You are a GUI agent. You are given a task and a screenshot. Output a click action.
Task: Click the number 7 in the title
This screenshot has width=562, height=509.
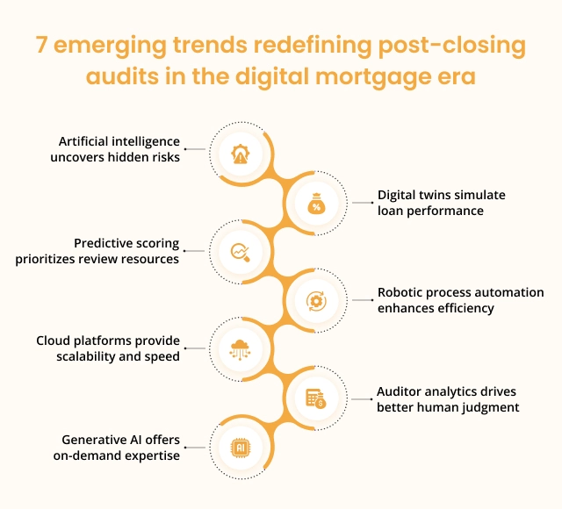point(41,45)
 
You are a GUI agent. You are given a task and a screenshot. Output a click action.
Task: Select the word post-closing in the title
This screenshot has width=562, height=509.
point(452,47)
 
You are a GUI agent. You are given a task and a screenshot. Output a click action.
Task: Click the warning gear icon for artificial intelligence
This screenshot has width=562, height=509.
point(240,154)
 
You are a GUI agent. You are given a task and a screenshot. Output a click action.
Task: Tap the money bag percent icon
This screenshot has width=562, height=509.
point(316,204)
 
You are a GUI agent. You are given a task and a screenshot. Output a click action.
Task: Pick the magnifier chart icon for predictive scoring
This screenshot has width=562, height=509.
point(240,252)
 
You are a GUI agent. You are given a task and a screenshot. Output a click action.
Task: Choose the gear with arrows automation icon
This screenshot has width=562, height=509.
point(316,301)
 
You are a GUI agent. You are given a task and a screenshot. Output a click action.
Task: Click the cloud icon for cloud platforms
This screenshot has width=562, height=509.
point(240,349)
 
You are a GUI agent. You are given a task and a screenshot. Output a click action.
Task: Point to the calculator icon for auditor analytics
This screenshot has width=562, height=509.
point(316,398)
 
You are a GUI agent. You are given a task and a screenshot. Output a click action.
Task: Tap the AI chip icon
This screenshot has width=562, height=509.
point(240,448)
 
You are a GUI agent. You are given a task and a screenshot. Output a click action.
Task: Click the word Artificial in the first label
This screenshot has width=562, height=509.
point(83,141)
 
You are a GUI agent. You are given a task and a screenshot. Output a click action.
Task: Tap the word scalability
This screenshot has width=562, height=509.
point(86,357)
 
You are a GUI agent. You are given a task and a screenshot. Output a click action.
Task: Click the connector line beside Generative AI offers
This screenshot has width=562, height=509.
point(195,448)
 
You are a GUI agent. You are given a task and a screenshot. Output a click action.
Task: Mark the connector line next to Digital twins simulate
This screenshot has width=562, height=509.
point(363,203)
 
